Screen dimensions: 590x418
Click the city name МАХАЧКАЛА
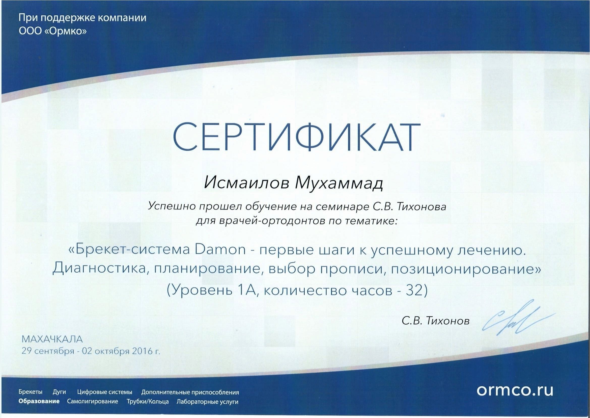(x=52, y=339)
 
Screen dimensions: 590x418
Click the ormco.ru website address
(x=515, y=390)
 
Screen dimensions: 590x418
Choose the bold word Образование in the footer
(x=39, y=401)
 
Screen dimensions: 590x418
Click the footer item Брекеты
(x=30, y=392)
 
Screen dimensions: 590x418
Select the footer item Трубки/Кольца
(x=148, y=402)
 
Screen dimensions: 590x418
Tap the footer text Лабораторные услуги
(x=208, y=402)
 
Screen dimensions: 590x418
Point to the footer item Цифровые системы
(x=105, y=392)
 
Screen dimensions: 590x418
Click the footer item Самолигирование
(x=93, y=402)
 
